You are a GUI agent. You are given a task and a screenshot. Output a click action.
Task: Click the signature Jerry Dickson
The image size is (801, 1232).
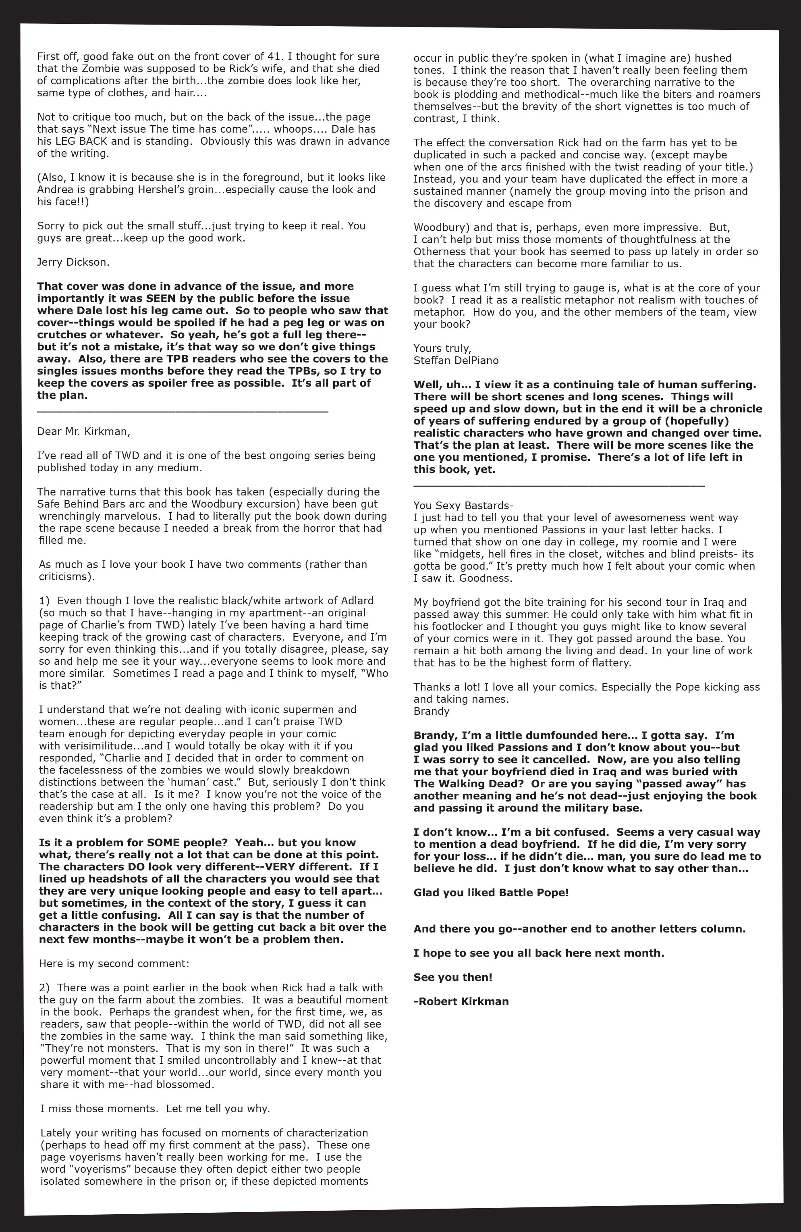73,262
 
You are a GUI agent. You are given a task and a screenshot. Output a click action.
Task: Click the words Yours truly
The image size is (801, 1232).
442,348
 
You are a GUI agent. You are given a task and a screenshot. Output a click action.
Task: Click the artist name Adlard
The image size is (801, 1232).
357,600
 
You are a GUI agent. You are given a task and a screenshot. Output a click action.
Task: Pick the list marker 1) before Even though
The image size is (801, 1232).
44,600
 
